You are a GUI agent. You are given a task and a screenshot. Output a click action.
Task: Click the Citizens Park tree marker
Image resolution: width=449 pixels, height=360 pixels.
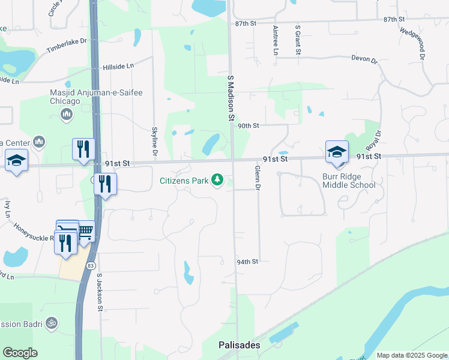pyautogui.click(x=218, y=180)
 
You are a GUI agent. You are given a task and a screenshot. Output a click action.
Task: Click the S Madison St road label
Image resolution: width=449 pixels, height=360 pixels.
pyautogui.click(x=230, y=99)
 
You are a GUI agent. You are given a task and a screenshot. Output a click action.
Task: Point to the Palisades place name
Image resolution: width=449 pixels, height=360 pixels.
pyautogui.click(x=239, y=346)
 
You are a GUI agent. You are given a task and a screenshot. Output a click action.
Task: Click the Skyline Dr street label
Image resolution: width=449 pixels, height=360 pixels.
pyautogui.click(x=155, y=142)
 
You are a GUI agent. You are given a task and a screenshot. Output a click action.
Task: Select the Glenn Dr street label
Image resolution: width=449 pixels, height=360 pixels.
pyautogui.click(x=257, y=178)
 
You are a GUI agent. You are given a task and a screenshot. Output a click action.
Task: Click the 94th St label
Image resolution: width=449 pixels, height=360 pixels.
pyautogui.click(x=247, y=262)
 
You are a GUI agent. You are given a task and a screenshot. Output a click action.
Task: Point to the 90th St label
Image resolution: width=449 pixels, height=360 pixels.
pyautogui.click(x=248, y=126)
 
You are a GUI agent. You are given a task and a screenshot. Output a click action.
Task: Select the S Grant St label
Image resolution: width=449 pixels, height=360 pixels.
pyautogui.click(x=297, y=40)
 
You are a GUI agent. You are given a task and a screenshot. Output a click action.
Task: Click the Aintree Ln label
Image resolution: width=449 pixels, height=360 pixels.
pyautogui.click(x=276, y=40)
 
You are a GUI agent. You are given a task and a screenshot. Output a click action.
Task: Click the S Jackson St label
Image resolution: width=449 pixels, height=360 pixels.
pyautogui.click(x=100, y=292)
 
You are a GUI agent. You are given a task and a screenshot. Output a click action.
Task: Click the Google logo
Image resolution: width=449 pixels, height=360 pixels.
pyautogui.click(x=20, y=353)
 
